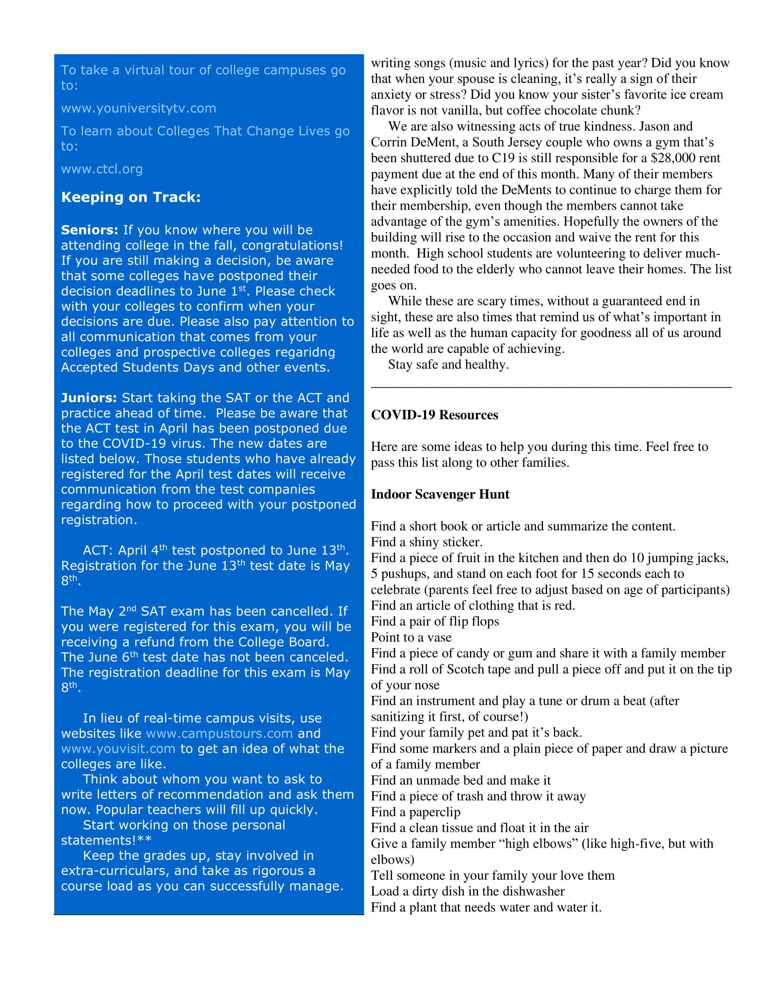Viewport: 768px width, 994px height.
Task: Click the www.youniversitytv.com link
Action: pyautogui.click(x=138, y=108)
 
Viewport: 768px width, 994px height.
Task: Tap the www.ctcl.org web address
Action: pyautogui.click(x=102, y=169)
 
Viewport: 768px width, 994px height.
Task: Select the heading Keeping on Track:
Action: pyautogui.click(x=131, y=197)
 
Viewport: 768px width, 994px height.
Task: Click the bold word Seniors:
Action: pyautogui.click(x=89, y=230)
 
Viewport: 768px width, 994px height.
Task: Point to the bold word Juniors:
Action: pyautogui.click(x=89, y=398)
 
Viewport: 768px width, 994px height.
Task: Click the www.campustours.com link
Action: pyautogui.click(x=219, y=733)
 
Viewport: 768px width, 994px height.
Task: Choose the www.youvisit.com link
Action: pyautogui.click(x=118, y=749)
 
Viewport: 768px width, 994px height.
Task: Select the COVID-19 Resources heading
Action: pyautogui.click(x=434, y=415)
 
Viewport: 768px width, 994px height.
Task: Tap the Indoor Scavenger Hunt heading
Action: pyautogui.click(x=440, y=494)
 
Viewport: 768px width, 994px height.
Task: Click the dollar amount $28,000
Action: pyautogui.click(x=671, y=158)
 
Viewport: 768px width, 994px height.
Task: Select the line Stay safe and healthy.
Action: pyautogui.click(x=448, y=365)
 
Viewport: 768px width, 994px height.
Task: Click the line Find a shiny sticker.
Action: pyautogui.click(x=426, y=542)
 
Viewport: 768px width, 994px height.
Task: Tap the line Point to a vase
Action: pyautogui.click(x=411, y=637)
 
